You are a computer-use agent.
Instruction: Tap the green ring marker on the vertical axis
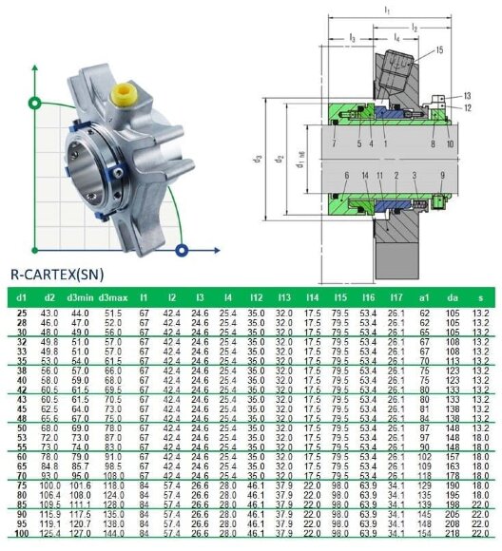[x=36, y=102]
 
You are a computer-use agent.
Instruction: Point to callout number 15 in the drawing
[x=439, y=49]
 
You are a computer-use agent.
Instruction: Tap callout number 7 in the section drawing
[x=334, y=144]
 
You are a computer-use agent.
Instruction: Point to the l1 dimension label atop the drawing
[x=386, y=9]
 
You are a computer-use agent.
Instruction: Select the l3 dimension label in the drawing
[x=353, y=37]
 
